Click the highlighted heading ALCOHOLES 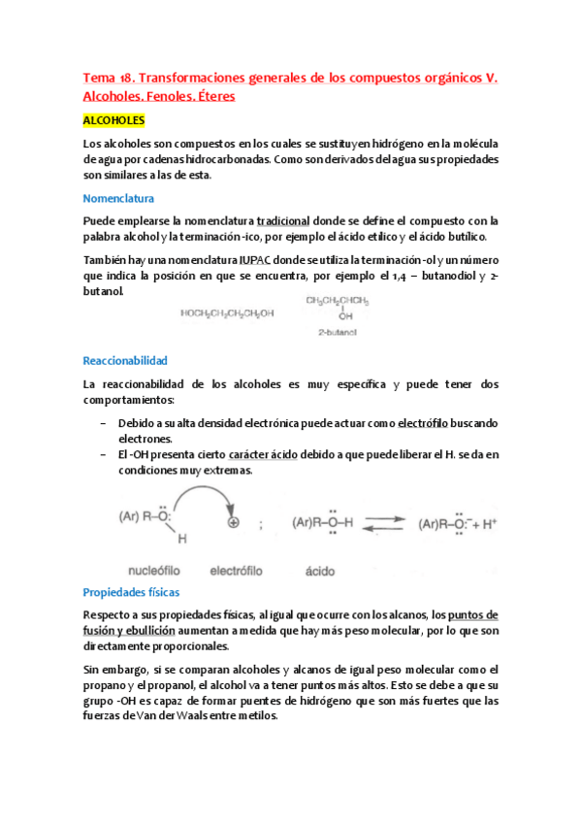pos(114,120)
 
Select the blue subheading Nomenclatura pos(119,197)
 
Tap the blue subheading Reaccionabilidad pos(126,360)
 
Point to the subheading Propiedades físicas pos(131,591)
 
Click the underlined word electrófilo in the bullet pos(428,424)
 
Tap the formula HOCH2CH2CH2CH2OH pos(227,313)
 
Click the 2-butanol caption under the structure pos(338,333)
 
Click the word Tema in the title pos(97,78)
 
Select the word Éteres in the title pos(210,97)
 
